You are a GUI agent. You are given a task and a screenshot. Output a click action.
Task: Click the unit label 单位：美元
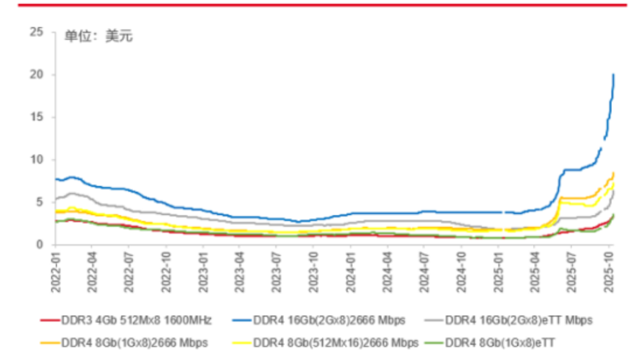click(x=99, y=37)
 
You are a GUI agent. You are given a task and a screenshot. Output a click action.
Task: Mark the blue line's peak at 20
click(x=614, y=75)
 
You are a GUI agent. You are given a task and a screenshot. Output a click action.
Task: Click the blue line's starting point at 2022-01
click(x=55, y=179)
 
